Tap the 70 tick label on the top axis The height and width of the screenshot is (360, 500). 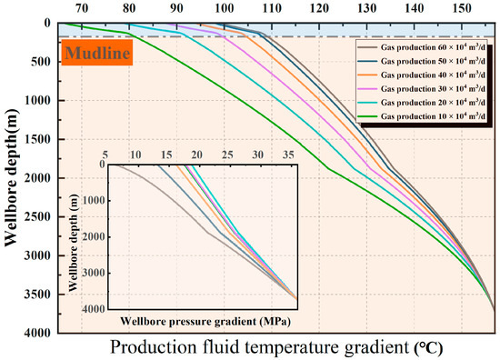[x=82, y=8]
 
